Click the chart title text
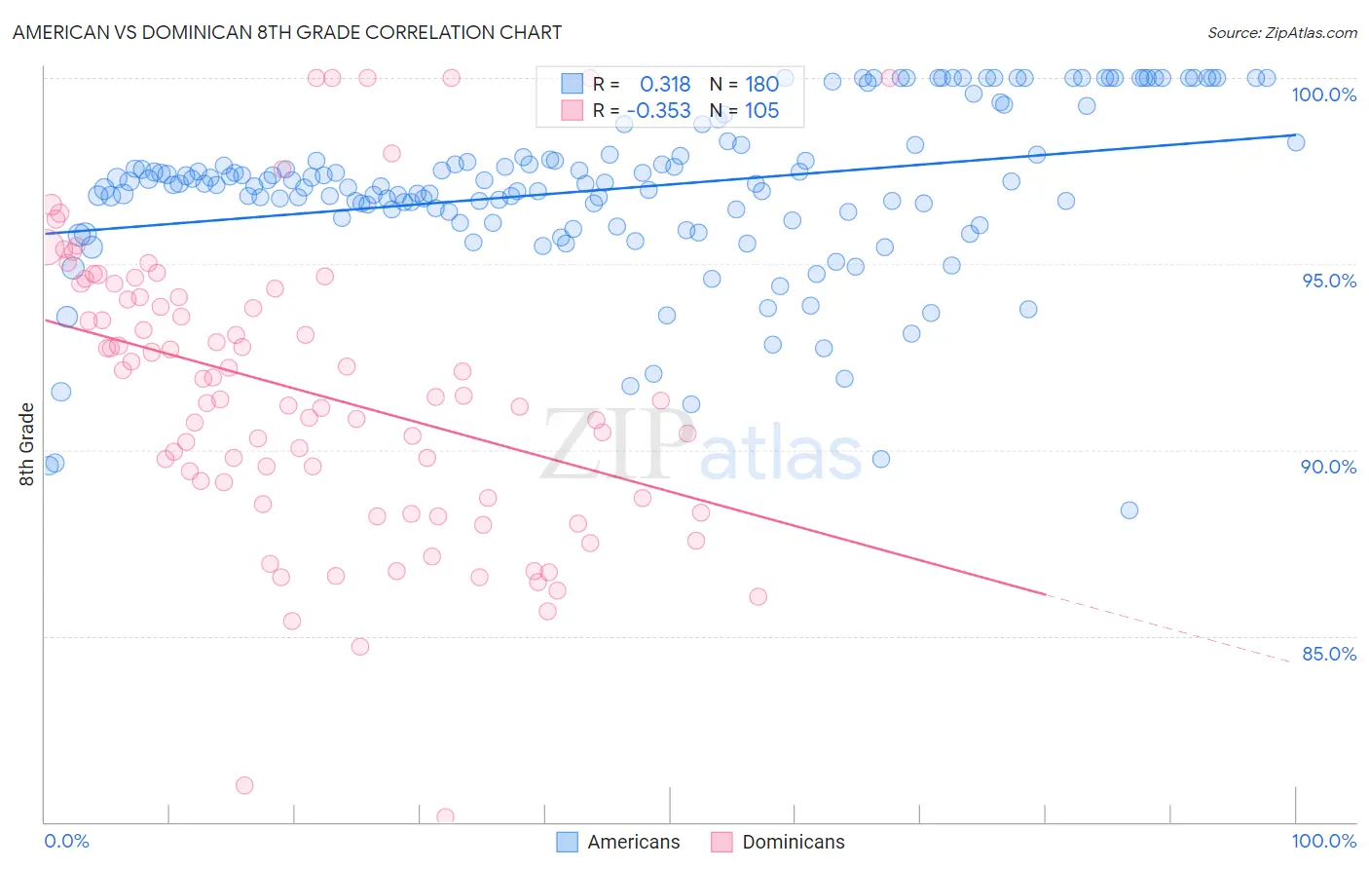tap(286, 32)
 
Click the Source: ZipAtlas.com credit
tap(1281, 32)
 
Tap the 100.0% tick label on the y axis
tap(1323, 94)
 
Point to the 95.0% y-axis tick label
tap(1328, 281)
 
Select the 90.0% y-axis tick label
tap(1328, 467)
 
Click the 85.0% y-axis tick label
tap(1328, 654)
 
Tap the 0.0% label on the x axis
tap(66, 841)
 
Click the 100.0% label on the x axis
tap(1323, 841)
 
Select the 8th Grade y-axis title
tap(27, 444)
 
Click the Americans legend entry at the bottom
tap(617, 842)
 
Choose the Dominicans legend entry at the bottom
tap(777, 842)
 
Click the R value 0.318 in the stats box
tap(665, 85)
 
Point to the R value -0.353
tap(659, 111)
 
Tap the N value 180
tap(761, 85)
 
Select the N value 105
tap(761, 111)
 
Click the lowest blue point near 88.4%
tap(1128, 510)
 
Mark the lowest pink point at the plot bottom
tap(445, 816)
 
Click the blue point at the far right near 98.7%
tap(1296, 142)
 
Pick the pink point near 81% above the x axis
tap(244, 785)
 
